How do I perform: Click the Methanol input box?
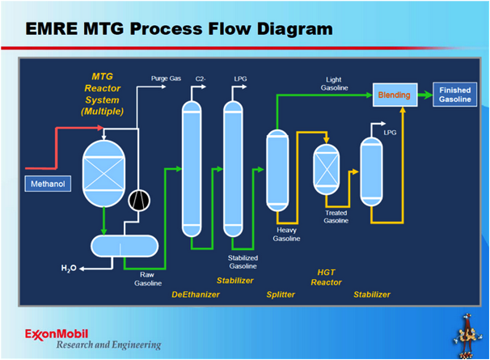pyautogui.click(x=48, y=184)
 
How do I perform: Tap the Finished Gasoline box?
pyautogui.click(x=455, y=95)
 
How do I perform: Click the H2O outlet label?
pyautogui.click(x=70, y=268)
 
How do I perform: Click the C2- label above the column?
pyautogui.click(x=200, y=78)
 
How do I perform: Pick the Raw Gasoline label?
pyautogui.click(x=147, y=278)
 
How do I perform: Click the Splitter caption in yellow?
pyautogui.click(x=281, y=294)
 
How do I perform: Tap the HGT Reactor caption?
pyautogui.click(x=327, y=277)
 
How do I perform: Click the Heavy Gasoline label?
pyautogui.click(x=286, y=234)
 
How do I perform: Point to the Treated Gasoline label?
pyautogui.click(x=336, y=216)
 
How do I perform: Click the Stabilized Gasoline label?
pyautogui.click(x=242, y=261)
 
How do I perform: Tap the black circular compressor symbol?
pyautogui.click(x=140, y=197)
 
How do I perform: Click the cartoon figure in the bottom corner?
pyautogui.click(x=467, y=332)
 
